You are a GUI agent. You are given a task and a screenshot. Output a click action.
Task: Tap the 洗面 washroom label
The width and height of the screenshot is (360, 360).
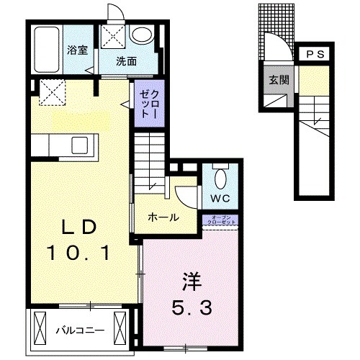tap(126, 60)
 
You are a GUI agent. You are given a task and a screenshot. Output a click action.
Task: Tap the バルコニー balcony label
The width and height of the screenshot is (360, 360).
tap(80, 330)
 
